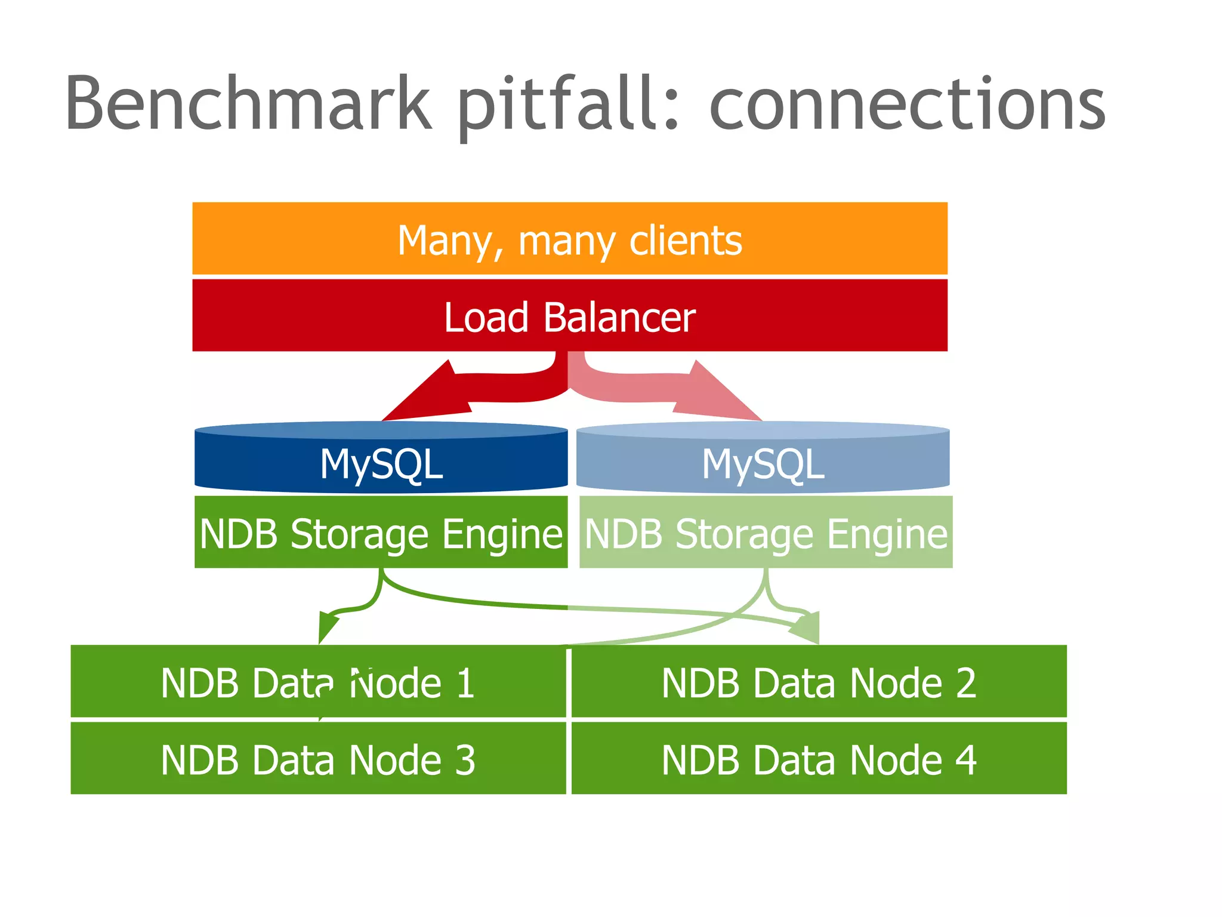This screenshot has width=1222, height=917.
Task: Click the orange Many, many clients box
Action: pos(570,239)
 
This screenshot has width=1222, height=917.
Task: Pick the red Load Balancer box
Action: pos(570,316)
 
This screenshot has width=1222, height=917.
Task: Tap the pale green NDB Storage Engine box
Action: pos(766,532)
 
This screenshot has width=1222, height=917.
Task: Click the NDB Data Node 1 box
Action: pos(317,682)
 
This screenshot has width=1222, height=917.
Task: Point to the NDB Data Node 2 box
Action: pos(819,682)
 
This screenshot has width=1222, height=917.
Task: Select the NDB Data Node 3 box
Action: pos(317,759)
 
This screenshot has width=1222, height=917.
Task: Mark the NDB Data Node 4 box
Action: pos(819,759)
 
